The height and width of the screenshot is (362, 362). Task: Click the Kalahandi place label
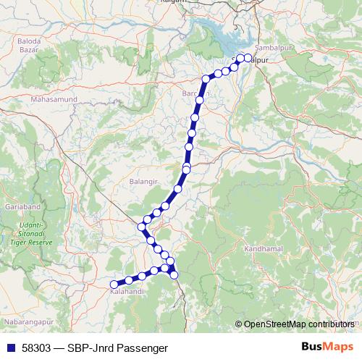[x=125, y=292]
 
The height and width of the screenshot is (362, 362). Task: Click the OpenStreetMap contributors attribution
[x=299, y=324]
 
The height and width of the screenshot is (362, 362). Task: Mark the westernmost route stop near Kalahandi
[x=113, y=285]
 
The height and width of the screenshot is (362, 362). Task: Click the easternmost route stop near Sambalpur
[x=248, y=58]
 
